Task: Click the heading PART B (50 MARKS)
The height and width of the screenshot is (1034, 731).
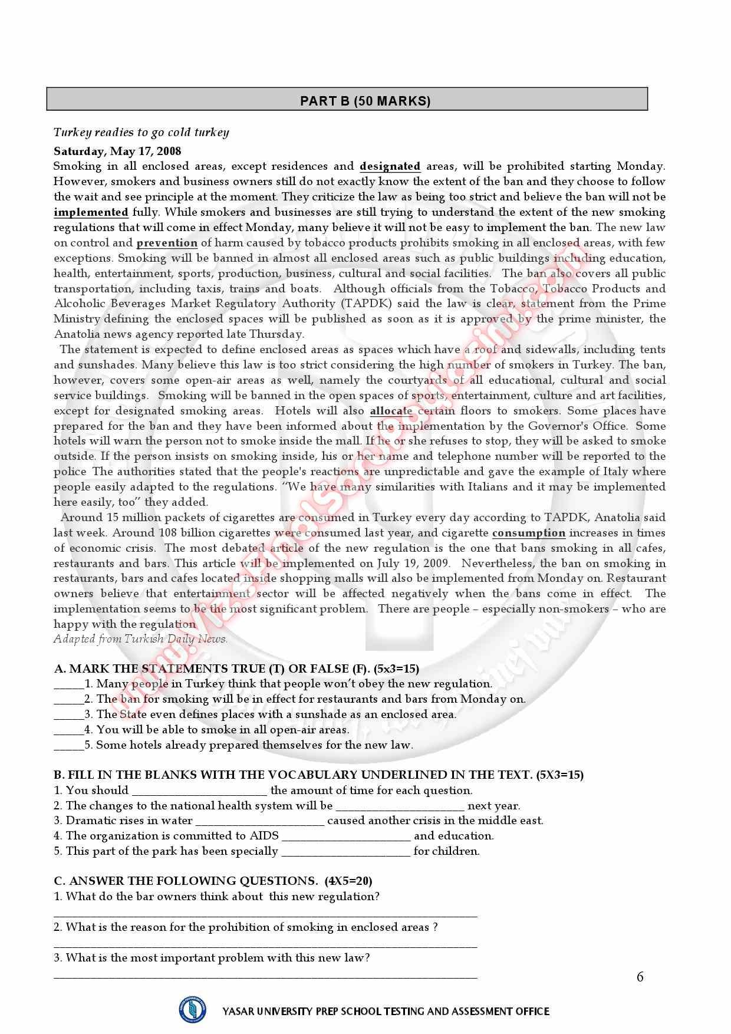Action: coord(365,101)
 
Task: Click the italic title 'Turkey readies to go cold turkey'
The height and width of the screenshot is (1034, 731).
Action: coord(141,132)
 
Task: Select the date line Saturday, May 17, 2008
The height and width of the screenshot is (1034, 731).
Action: coord(117,151)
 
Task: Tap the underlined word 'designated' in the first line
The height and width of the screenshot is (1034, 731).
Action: coord(390,166)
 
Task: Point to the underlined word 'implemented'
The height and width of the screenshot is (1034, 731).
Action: coord(91,212)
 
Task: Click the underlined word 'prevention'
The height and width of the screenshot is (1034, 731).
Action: coord(167,243)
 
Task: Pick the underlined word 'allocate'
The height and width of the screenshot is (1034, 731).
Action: coord(391,411)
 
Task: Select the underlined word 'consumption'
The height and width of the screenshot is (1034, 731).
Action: coord(528,533)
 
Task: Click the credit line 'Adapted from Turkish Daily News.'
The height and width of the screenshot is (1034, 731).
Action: coord(140,639)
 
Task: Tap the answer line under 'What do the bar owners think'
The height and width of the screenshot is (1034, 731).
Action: coord(265,915)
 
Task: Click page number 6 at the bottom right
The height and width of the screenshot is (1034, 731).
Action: coord(640,977)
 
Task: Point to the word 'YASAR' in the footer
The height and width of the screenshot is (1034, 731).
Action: coord(239,1012)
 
